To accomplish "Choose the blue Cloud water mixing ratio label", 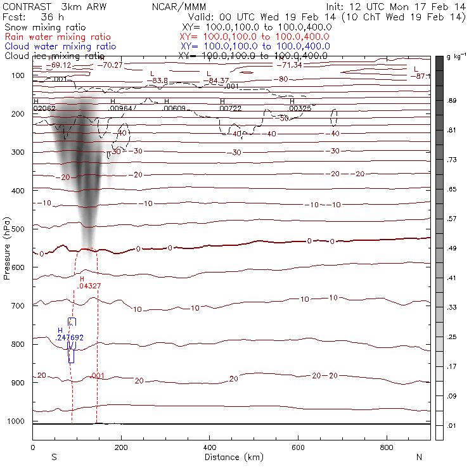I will pyautogui.click(x=60, y=46).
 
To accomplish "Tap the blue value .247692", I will pyautogui.click(x=69, y=338).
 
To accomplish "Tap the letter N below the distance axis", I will pyautogui.click(x=418, y=457).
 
